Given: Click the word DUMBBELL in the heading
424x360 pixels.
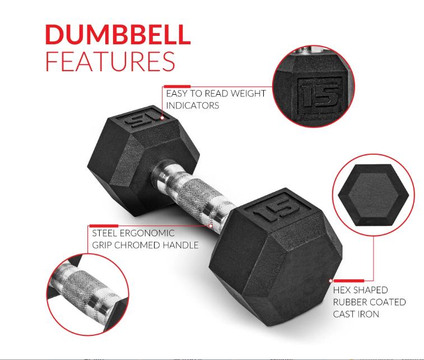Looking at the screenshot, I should (118, 35).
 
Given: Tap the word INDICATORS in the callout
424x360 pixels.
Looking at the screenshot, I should (192, 105).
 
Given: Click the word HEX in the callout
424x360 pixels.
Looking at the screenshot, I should (343, 290).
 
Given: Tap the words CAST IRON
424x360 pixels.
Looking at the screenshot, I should (356, 315).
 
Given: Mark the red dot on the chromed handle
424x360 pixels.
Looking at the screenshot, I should (211, 227).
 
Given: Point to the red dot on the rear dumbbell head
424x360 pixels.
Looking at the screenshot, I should (162, 118).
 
